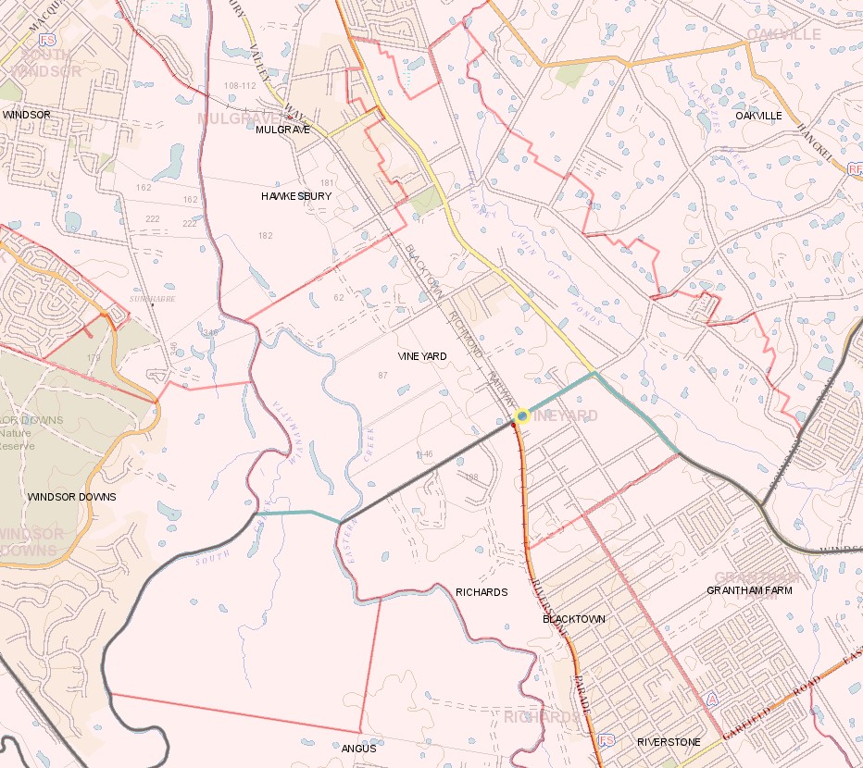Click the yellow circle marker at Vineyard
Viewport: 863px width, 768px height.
(522, 416)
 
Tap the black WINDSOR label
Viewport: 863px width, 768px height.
(27, 115)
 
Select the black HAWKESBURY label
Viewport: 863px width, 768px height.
(295, 197)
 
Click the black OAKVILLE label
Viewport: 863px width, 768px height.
(758, 116)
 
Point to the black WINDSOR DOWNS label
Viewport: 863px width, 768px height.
(72, 497)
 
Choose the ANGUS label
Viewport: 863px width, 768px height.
(358, 749)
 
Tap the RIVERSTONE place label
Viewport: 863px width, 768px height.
(669, 742)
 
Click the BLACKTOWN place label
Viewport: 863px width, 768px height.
(574, 619)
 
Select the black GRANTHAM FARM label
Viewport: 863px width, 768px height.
(749, 590)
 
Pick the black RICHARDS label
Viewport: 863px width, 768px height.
(482, 592)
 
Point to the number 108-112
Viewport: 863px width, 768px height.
(240, 86)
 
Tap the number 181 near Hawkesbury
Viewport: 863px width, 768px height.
(326, 183)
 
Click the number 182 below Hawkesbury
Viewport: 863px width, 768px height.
(266, 236)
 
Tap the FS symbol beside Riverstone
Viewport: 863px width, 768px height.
(607, 741)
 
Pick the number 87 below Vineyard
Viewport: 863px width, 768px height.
(382, 375)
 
